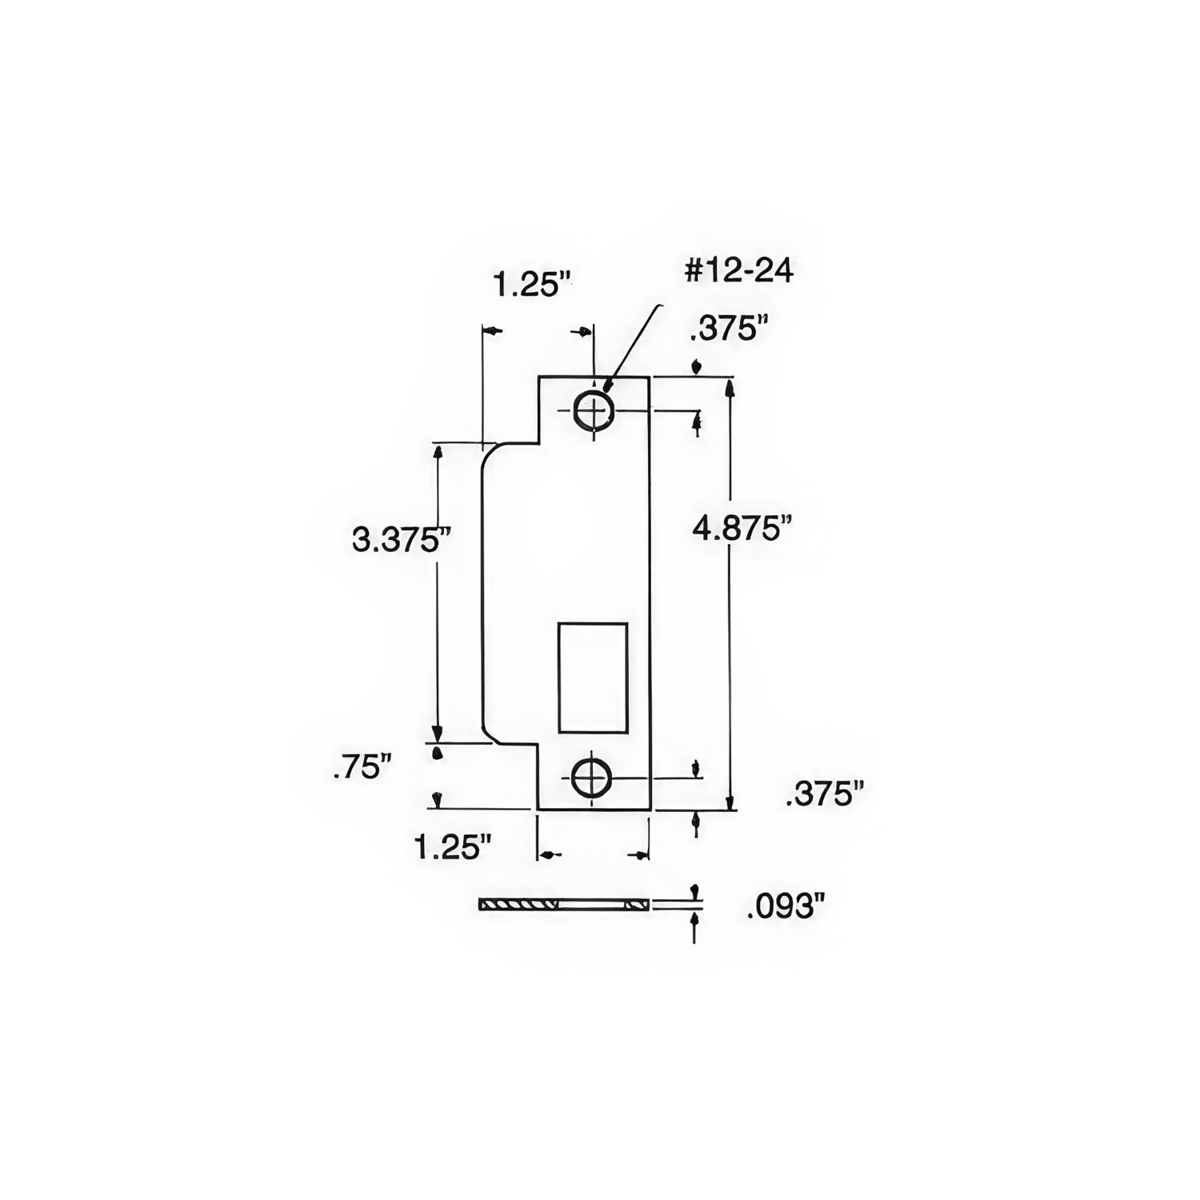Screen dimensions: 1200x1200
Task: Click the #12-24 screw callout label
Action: click(x=738, y=270)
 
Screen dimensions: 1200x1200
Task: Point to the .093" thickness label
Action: click(x=785, y=906)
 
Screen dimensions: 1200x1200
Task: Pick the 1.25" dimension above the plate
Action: click(x=533, y=284)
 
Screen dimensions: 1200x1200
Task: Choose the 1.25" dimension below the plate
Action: click(x=451, y=846)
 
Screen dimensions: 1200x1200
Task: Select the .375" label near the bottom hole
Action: click(x=825, y=794)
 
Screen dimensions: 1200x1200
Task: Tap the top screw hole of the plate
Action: click(x=593, y=412)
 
